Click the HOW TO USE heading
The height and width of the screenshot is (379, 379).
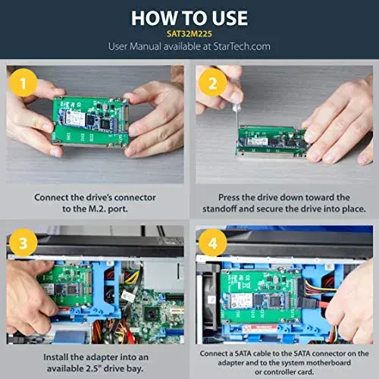pyautogui.click(x=189, y=17)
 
